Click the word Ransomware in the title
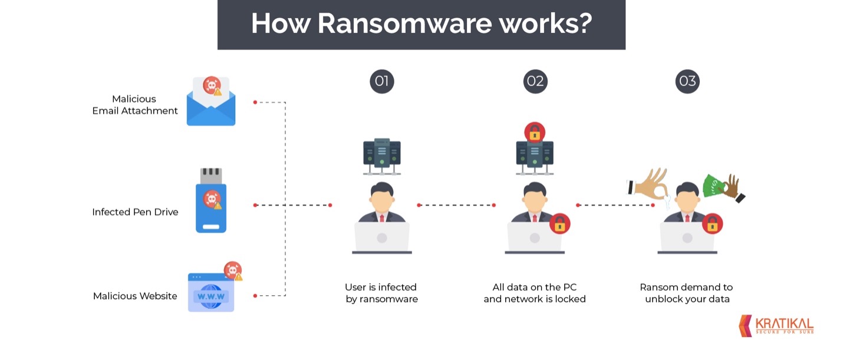[404, 24]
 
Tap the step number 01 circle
[381, 81]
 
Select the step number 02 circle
[535, 81]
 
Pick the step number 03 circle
[687, 81]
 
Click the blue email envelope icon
[211, 101]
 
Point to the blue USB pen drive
[211, 200]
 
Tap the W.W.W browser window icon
[211, 292]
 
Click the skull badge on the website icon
[233, 270]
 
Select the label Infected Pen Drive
[135, 212]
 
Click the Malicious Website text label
[135, 296]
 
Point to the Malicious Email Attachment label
[135, 104]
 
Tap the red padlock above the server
[535, 132]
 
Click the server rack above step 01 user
[381, 157]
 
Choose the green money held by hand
[713, 186]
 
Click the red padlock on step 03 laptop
[712, 224]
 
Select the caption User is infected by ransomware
[381, 293]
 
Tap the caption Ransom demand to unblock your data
[686, 293]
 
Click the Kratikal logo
[776, 326]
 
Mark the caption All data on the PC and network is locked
[535, 293]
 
